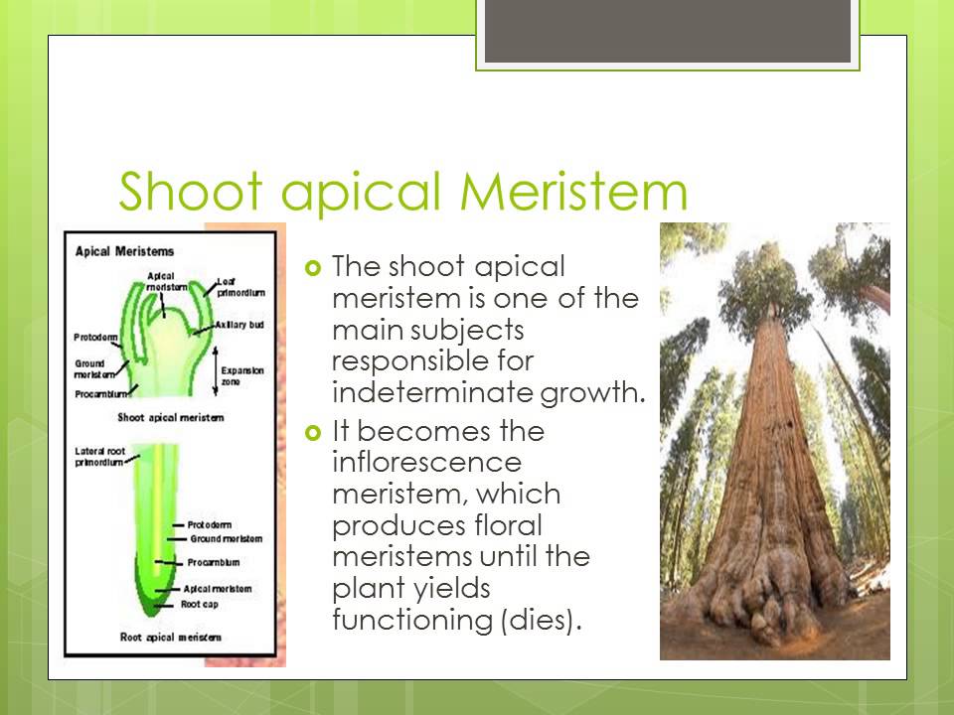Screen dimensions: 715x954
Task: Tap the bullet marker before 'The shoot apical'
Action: pos(315,267)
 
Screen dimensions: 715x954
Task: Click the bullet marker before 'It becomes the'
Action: pos(315,433)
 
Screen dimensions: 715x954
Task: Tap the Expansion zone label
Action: pos(243,375)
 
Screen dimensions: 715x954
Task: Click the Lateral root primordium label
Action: pos(99,457)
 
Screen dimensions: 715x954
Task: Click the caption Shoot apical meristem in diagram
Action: pos(170,417)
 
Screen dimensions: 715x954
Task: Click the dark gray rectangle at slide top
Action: pos(667,31)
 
